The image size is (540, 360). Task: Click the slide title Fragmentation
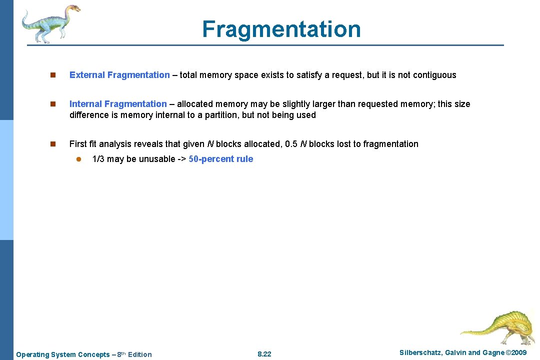coord(281,29)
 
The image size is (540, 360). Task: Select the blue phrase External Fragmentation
coord(119,75)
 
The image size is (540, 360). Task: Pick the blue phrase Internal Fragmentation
coord(118,104)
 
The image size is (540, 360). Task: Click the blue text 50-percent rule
coord(221,159)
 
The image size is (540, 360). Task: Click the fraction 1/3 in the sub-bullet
coord(98,159)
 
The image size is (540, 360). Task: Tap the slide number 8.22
coord(264,354)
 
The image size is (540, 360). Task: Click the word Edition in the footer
coord(140,354)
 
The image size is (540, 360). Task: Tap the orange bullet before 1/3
coord(78,159)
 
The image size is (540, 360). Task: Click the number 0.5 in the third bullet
coord(291,144)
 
